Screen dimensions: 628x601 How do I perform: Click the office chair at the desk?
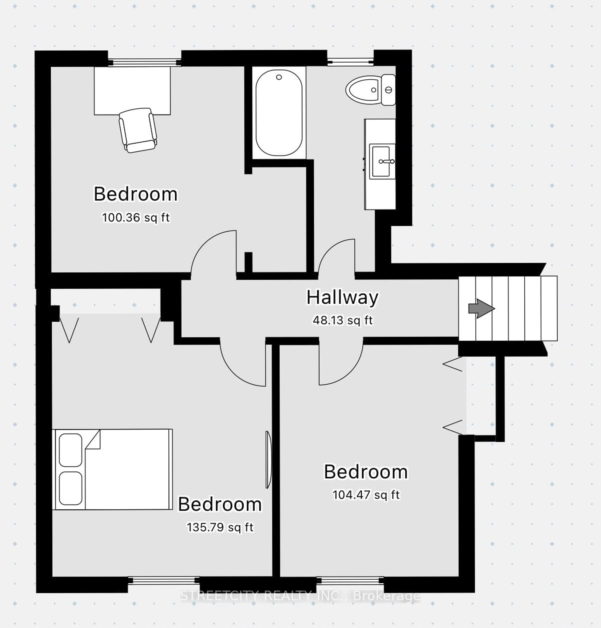pos(138,130)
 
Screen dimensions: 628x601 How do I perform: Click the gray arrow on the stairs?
pos(481,309)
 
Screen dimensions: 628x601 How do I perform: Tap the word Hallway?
pos(342,297)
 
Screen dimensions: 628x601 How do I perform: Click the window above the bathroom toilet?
pos(350,62)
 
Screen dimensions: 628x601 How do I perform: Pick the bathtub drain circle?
pos(279,77)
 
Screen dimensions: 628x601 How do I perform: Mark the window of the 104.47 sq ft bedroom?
pos(350,581)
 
